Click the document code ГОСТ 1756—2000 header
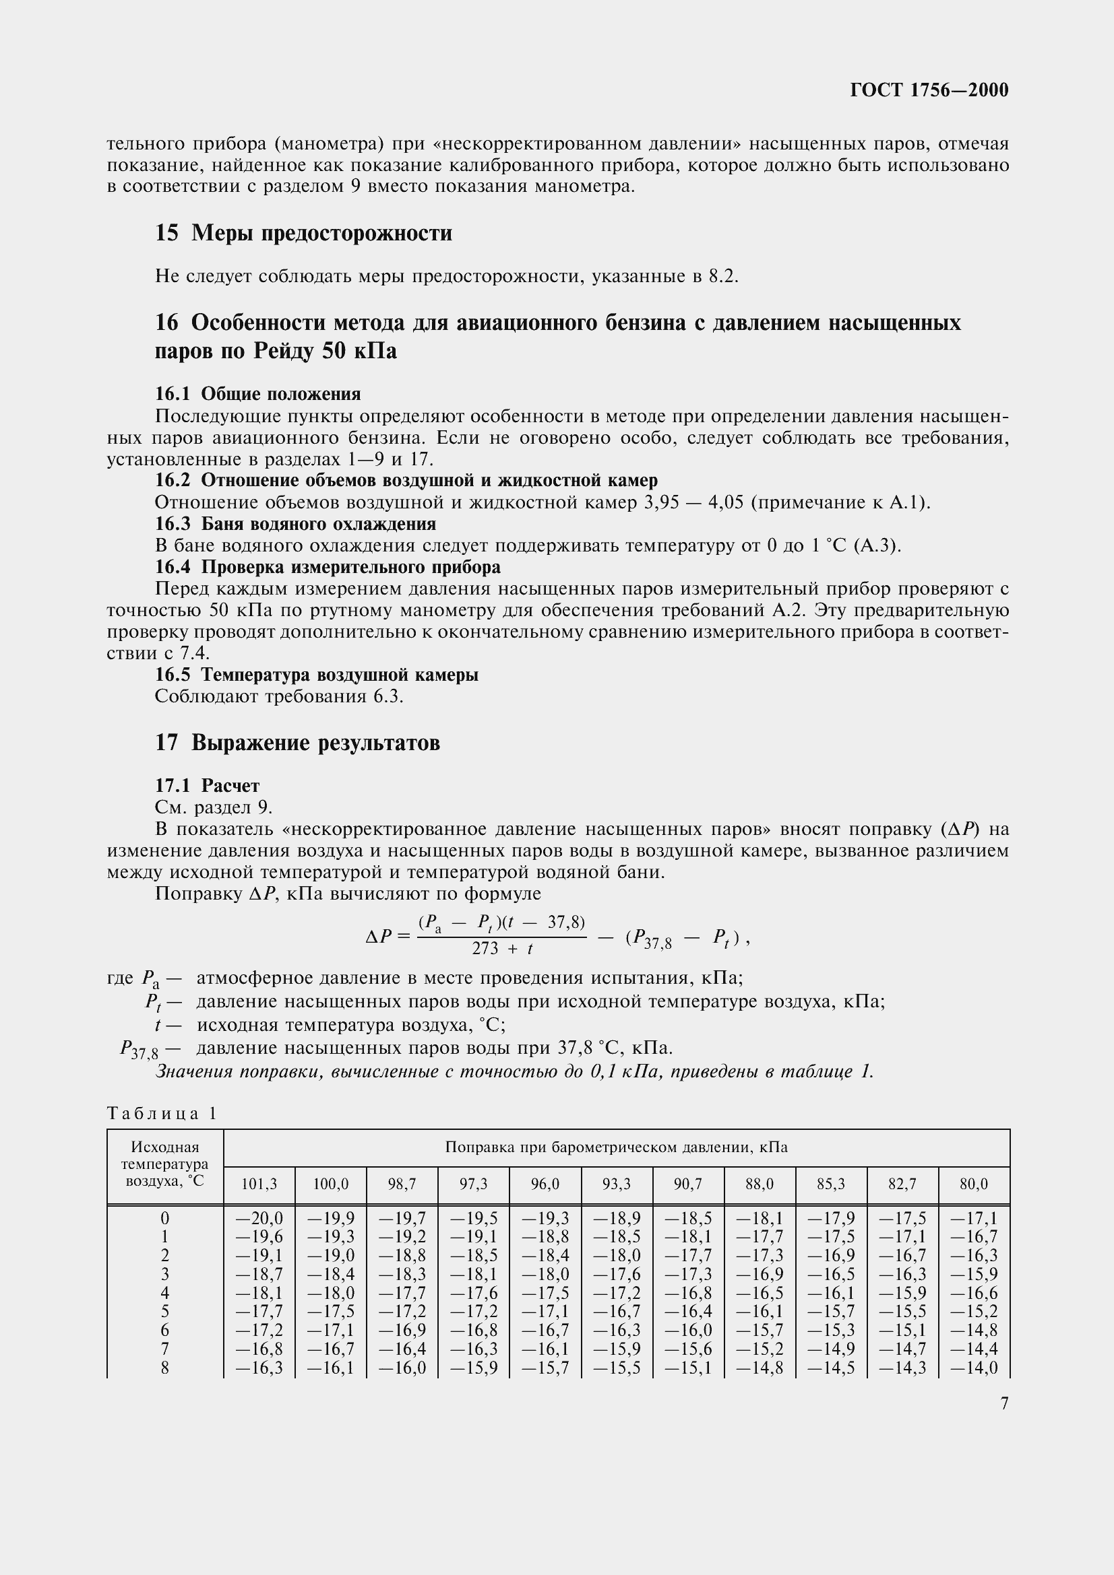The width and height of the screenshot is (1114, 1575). (929, 90)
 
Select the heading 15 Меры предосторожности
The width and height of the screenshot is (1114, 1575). (303, 233)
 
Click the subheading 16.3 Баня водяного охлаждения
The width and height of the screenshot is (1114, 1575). (295, 524)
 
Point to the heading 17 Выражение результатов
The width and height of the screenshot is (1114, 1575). (297, 742)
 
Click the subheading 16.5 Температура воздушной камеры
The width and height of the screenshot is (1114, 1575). (317, 674)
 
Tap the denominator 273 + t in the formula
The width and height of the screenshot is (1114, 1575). (503, 949)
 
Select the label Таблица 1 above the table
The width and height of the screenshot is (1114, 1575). (162, 1114)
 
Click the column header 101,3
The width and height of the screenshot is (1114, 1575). (259, 1184)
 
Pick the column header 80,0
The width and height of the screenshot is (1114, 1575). (974, 1184)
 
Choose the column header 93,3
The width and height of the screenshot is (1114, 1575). (617, 1184)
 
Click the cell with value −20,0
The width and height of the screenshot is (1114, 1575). (259, 1218)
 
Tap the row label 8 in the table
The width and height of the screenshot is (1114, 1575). (164, 1367)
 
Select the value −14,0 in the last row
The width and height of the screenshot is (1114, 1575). (974, 1367)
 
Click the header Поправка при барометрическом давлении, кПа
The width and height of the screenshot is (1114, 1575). (616, 1147)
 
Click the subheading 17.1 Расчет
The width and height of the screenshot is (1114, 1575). (208, 784)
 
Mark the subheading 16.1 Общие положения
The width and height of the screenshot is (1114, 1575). (257, 394)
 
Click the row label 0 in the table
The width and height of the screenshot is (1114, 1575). (164, 1218)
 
